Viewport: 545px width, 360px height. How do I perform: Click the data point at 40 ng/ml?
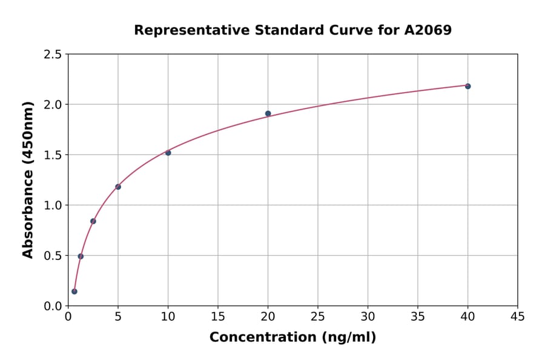(x=467, y=86)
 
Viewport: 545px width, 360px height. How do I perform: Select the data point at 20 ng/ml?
(x=268, y=113)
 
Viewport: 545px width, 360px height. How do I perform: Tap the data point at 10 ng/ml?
(x=168, y=153)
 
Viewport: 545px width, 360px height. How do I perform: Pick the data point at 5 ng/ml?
(x=118, y=187)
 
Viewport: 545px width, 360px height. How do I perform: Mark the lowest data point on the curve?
(x=74, y=292)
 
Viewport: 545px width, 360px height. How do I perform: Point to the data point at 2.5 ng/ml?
(x=93, y=221)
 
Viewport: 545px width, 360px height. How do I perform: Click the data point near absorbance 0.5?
(x=81, y=256)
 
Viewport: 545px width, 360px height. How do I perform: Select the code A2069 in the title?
(x=428, y=30)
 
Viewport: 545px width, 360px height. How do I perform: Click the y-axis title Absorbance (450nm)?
(x=28, y=179)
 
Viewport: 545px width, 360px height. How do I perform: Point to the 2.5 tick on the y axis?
(x=53, y=55)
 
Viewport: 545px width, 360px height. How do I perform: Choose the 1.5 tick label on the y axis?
(x=53, y=155)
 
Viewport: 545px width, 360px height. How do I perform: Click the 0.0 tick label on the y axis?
(x=53, y=306)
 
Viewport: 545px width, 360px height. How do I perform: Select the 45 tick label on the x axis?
(x=518, y=316)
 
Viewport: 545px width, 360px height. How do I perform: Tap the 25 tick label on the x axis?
(x=318, y=316)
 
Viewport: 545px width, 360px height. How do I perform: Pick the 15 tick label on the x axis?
(x=218, y=316)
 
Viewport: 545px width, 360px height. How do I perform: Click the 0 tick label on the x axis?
(x=68, y=316)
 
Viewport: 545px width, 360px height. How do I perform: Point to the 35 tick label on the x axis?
(x=418, y=316)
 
